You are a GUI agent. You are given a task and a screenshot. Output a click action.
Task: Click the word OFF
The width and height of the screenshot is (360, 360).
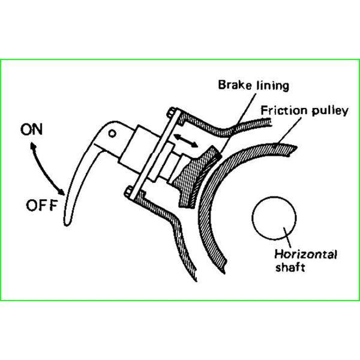coord(41,208)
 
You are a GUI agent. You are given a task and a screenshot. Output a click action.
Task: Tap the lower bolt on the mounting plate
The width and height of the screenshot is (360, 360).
coord(129,192)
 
